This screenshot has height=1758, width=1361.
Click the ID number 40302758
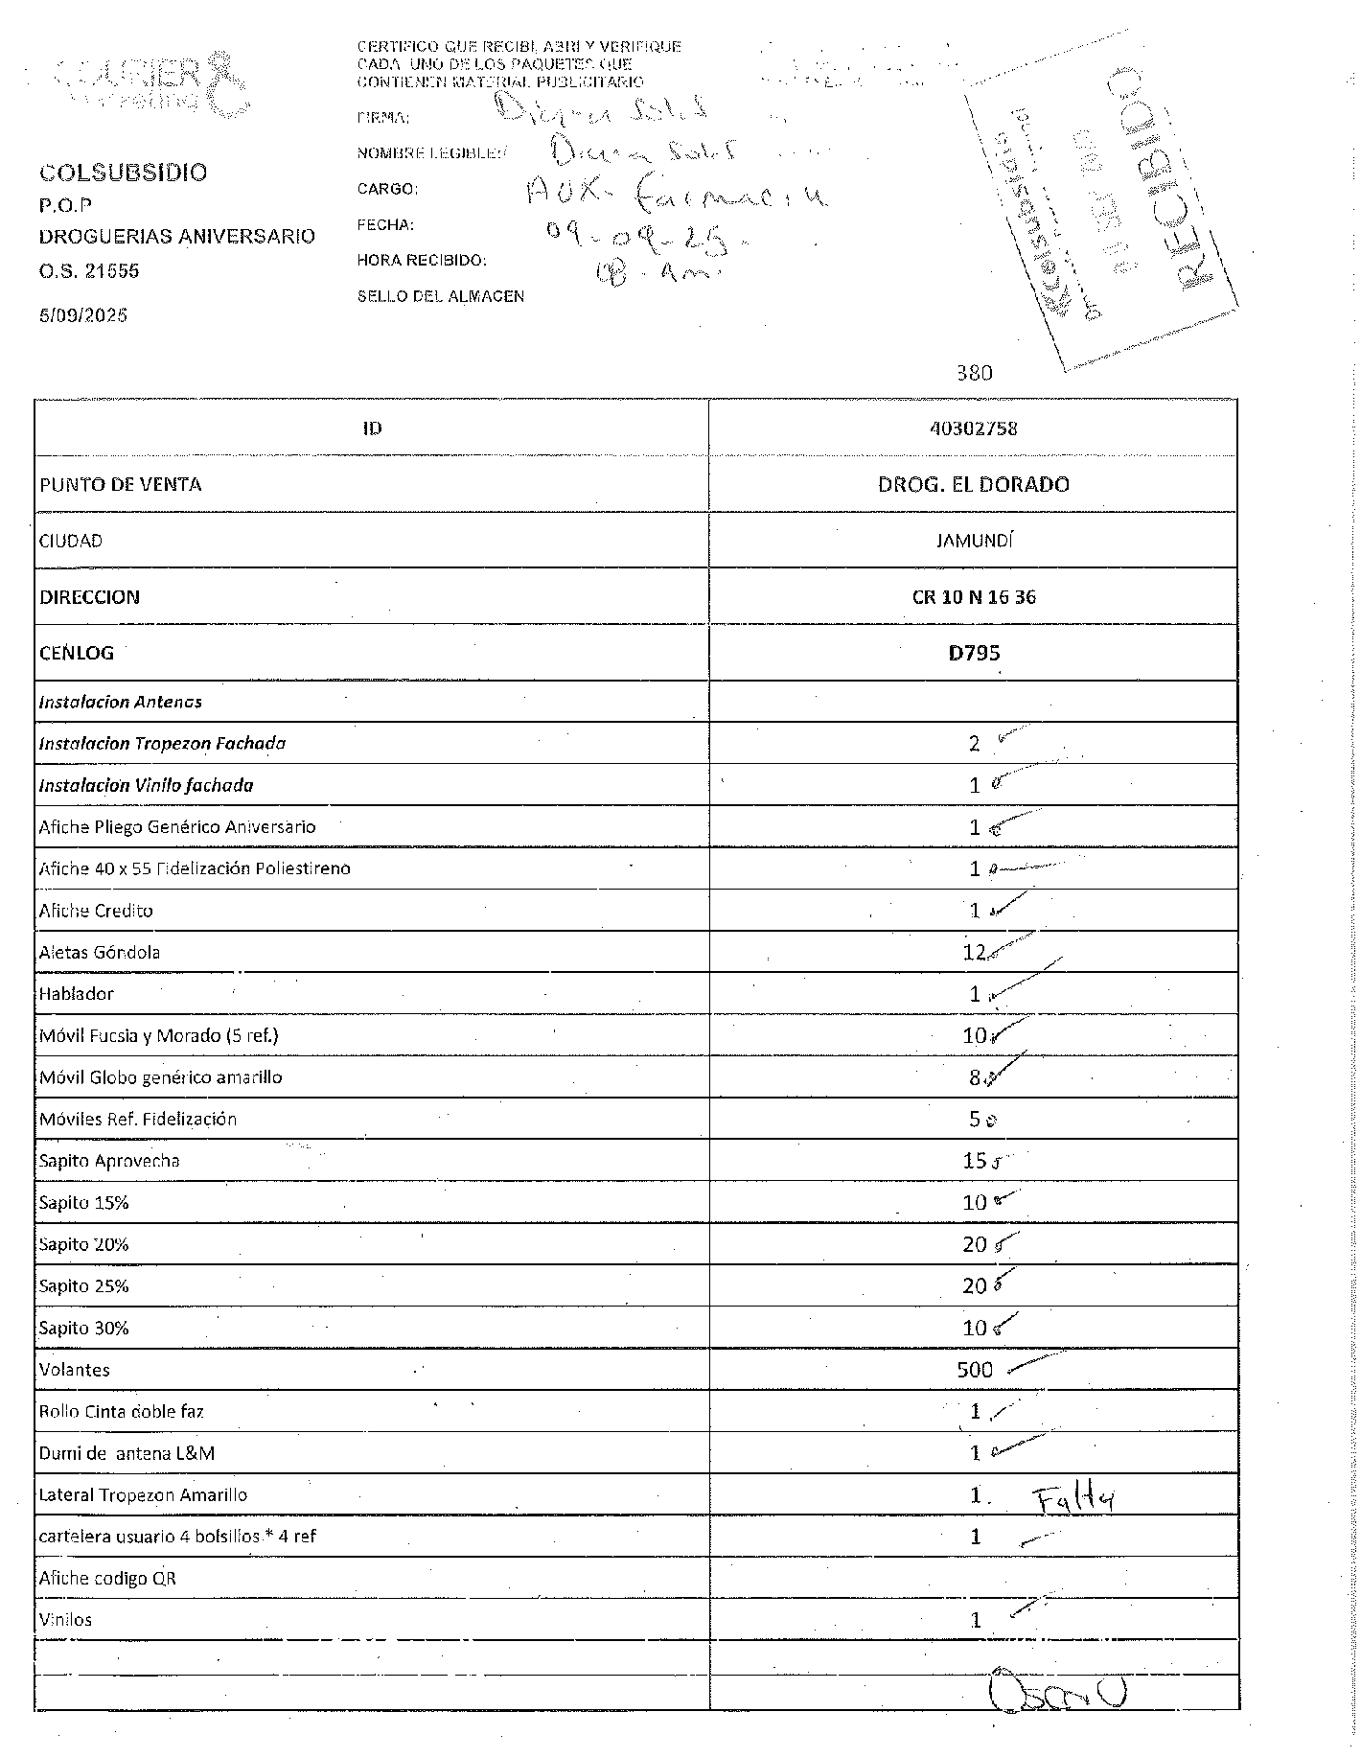[x=973, y=428]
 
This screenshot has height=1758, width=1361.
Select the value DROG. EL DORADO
[x=973, y=484]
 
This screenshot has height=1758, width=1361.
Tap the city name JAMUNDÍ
[x=974, y=541]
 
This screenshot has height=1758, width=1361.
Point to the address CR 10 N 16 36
[x=974, y=596]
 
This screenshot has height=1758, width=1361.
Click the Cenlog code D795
[x=974, y=653]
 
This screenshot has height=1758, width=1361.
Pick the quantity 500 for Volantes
[x=975, y=1370]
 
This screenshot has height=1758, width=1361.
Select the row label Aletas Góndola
[x=100, y=952]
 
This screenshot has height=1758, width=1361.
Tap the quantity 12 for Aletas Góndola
[x=974, y=952]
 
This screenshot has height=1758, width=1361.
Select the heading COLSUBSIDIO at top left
[x=123, y=173]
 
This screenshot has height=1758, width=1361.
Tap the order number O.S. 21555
[x=89, y=271]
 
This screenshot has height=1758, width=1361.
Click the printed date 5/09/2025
[x=83, y=315]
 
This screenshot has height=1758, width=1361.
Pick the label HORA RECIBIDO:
[x=422, y=261]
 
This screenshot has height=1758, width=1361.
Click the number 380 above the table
[x=975, y=373]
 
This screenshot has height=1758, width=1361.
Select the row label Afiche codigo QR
[x=107, y=1578]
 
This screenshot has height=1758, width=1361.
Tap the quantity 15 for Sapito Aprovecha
[x=974, y=1161]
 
